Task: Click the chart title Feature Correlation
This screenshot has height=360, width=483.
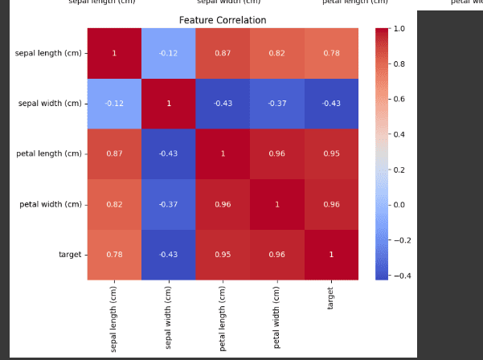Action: click(x=223, y=20)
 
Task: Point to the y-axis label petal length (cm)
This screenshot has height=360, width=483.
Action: click(x=49, y=153)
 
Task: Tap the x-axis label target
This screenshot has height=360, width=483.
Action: click(x=331, y=298)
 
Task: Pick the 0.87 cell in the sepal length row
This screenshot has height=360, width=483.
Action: click(x=223, y=54)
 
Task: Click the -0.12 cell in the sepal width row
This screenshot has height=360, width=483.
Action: click(x=114, y=104)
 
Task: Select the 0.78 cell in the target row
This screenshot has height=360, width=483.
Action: click(x=114, y=255)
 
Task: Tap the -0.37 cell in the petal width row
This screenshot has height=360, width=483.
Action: click(x=168, y=204)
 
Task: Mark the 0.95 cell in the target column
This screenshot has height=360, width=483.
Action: click(x=331, y=153)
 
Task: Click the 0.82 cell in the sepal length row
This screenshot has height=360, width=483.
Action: click(x=276, y=54)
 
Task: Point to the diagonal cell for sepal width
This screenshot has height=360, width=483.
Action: click(x=168, y=104)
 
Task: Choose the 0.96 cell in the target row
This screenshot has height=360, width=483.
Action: click(x=276, y=255)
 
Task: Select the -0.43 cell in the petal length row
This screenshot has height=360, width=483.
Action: click(x=168, y=153)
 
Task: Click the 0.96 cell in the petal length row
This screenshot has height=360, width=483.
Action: click(x=276, y=153)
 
